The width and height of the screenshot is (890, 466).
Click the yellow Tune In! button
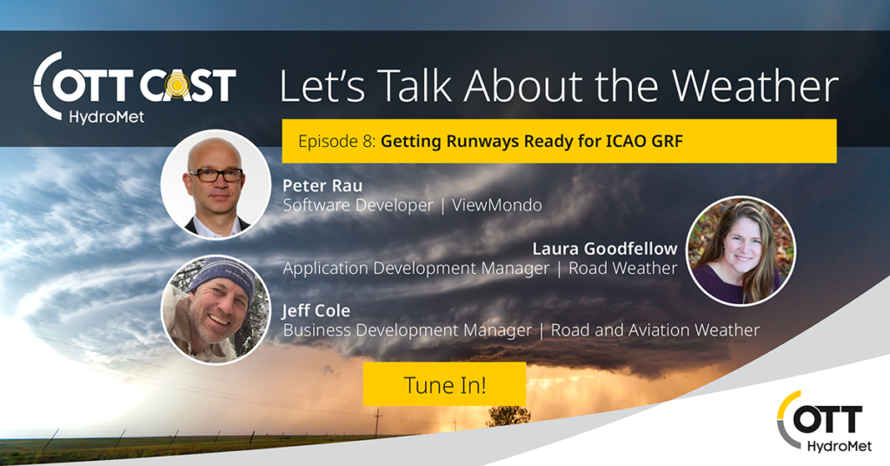point(444,384)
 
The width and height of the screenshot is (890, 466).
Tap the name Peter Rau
point(322,185)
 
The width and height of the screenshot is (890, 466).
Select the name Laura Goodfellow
point(605,249)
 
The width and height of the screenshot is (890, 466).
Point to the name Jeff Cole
point(316,310)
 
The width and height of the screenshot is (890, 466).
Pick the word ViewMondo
point(496,205)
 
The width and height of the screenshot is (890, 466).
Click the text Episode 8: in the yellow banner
point(337,141)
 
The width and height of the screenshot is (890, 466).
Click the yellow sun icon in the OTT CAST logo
point(177,85)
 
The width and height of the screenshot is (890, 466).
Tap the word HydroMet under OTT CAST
point(107,116)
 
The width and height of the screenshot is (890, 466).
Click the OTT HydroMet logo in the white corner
point(824,421)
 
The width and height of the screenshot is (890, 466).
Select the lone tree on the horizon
point(508,416)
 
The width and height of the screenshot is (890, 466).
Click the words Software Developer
point(358,205)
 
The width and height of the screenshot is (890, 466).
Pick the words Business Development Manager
point(408,330)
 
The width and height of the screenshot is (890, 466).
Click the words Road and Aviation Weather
point(655,330)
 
